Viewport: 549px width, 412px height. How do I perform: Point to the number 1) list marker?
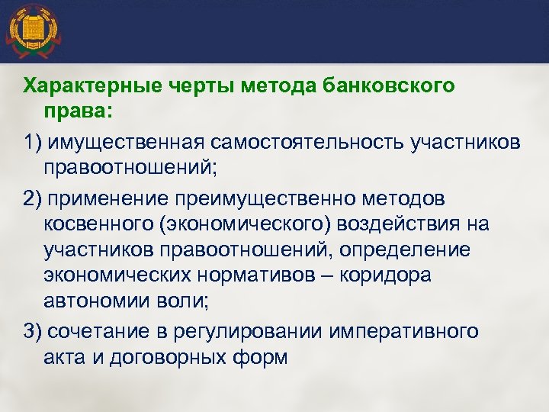click(x=33, y=143)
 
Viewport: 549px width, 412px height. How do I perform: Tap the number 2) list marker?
click(x=33, y=198)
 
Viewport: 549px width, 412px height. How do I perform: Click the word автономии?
click(x=95, y=301)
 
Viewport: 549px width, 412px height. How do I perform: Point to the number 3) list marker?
click(x=33, y=331)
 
